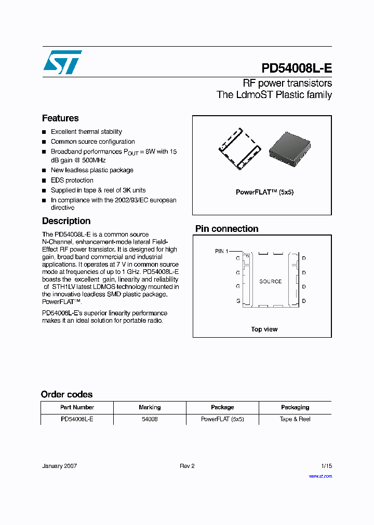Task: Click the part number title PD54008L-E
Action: click(x=296, y=68)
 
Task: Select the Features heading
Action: click(x=60, y=118)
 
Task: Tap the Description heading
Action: click(x=66, y=221)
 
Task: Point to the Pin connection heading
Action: click(x=226, y=229)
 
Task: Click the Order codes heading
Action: click(x=66, y=394)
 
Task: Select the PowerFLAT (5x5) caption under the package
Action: click(x=264, y=192)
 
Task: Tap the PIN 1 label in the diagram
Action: click(x=222, y=251)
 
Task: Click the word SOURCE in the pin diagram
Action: click(x=270, y=281)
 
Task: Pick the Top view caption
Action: click(x=264, y=329)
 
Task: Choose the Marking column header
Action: click(x=150, y=407)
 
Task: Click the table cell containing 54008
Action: click(x=150, y=419)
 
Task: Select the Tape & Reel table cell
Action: click(x=295, y=419)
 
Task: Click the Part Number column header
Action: click(x=77, y=407)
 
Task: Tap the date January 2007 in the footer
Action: click(x=59, y=466)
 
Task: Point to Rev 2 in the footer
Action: click(x=187, y=466)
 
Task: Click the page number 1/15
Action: click(x=326, y=466)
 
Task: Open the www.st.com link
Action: click(x=320, y=476)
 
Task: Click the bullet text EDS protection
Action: click(x=72, y=181)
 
